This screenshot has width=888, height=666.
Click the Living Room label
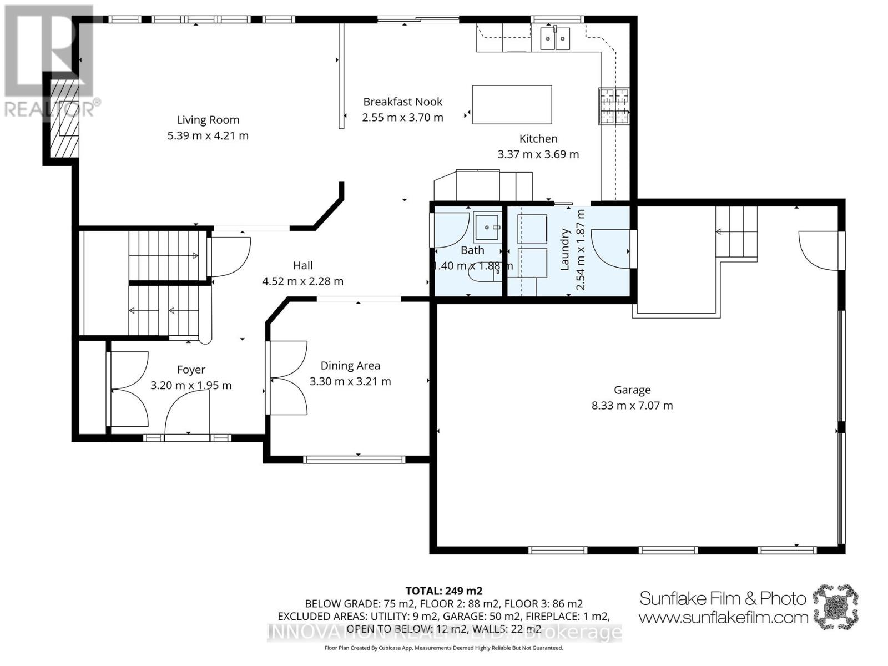[x=208, y=120]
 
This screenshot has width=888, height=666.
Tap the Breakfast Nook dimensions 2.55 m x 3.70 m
[x=402, y=118]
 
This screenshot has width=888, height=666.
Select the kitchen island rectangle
[x=512, y=104]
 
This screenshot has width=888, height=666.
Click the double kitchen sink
[x=556, y=38]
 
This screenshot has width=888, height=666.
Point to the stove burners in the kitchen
[x=614, y=106]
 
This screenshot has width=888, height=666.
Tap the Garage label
[x=632, y=390]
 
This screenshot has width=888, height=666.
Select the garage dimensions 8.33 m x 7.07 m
[x=632, y=406]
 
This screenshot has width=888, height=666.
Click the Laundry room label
[x=565, y=249]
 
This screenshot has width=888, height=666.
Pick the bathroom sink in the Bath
[x=487, y=226]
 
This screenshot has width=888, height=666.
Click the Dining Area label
[x=350, y=366]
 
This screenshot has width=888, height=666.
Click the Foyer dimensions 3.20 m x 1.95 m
[x=191, y=385]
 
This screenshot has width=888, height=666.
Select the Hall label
[x=303, y=266]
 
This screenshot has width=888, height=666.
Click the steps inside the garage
[x=736, y=232]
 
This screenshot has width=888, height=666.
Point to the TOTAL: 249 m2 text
[x=443, y=591]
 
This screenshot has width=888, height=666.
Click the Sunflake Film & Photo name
[x=723, y=598]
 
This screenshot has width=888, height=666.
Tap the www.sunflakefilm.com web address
[x=723, y=617]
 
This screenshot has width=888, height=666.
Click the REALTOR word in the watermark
[x=50, y=109]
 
